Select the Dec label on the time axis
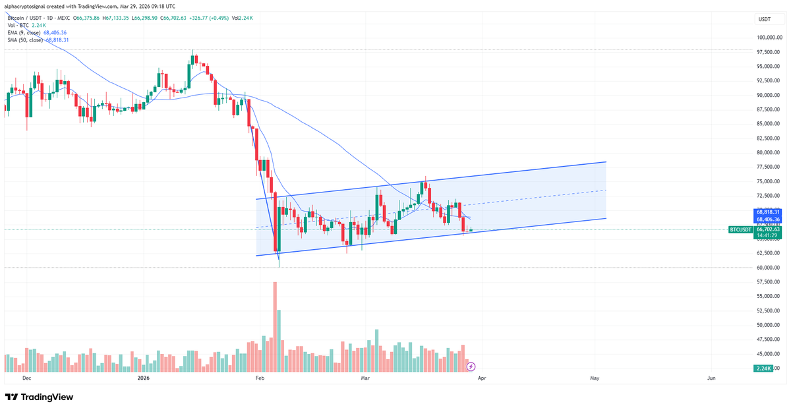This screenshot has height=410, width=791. [x=26, y=378]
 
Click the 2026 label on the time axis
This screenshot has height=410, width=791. [x=144, y=378]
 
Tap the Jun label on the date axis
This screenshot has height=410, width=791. [x=711, y=378]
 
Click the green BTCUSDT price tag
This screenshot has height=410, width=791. [x=740, y=229]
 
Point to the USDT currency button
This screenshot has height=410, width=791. [x=765, y=19]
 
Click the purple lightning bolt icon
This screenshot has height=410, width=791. [x=471, y=366]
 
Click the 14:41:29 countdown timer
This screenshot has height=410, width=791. [x=768, y=235]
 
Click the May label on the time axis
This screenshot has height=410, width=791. [x=595, y=378]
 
